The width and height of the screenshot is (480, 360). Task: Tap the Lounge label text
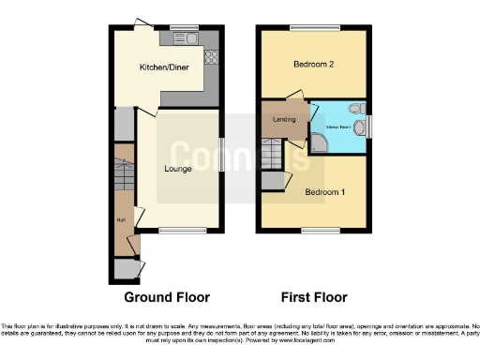click(x=178, y=169)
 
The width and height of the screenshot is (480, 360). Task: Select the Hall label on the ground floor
click(x=121, y=220)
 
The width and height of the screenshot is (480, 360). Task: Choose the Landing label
click(x=283, y=120)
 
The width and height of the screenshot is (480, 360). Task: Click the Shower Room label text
click(x=338, y=125)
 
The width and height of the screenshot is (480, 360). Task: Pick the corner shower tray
click(x=320, y=142)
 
